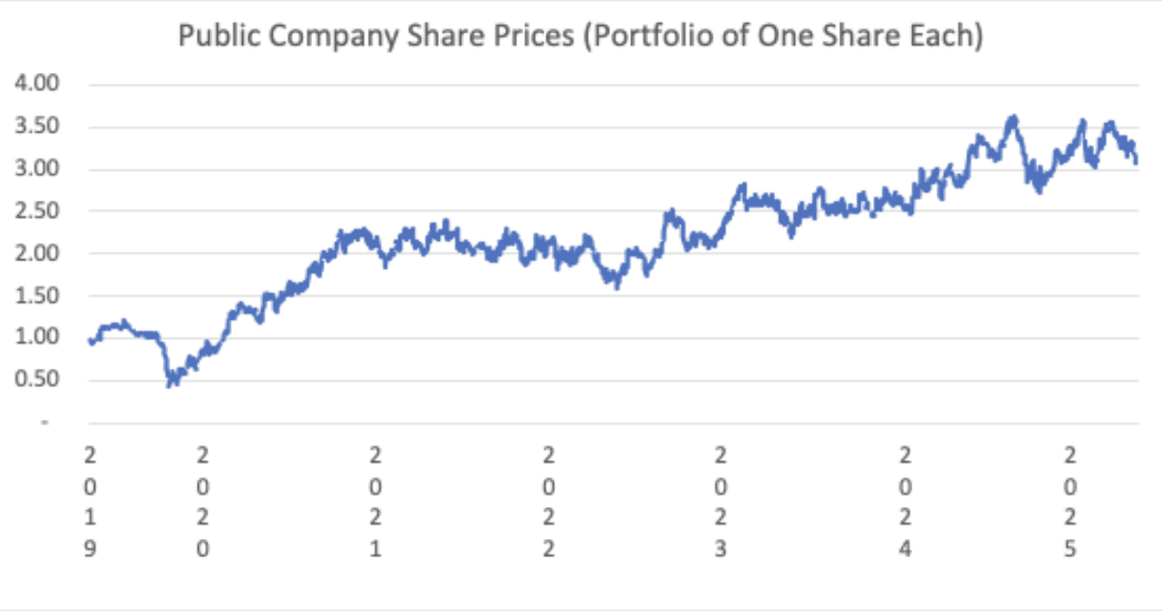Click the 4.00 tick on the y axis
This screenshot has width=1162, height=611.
(36, 85)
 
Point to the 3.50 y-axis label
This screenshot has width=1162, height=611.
(36, 127)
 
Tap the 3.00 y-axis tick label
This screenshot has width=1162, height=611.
(36, 169)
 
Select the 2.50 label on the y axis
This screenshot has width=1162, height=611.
(36, 211)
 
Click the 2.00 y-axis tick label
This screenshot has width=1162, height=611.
(36, 254)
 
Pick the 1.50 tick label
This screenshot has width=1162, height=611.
(36, 296)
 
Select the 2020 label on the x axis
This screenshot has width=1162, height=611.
(203, 501)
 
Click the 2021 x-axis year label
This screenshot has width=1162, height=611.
(375, 501)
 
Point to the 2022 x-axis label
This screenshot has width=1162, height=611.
(548, 501)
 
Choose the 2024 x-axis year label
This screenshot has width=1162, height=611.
(904, 501)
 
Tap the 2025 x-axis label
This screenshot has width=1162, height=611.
(1072, 501)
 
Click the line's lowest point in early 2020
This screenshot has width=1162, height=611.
(170, 385)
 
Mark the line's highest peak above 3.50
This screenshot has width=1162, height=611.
(1012, 117)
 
